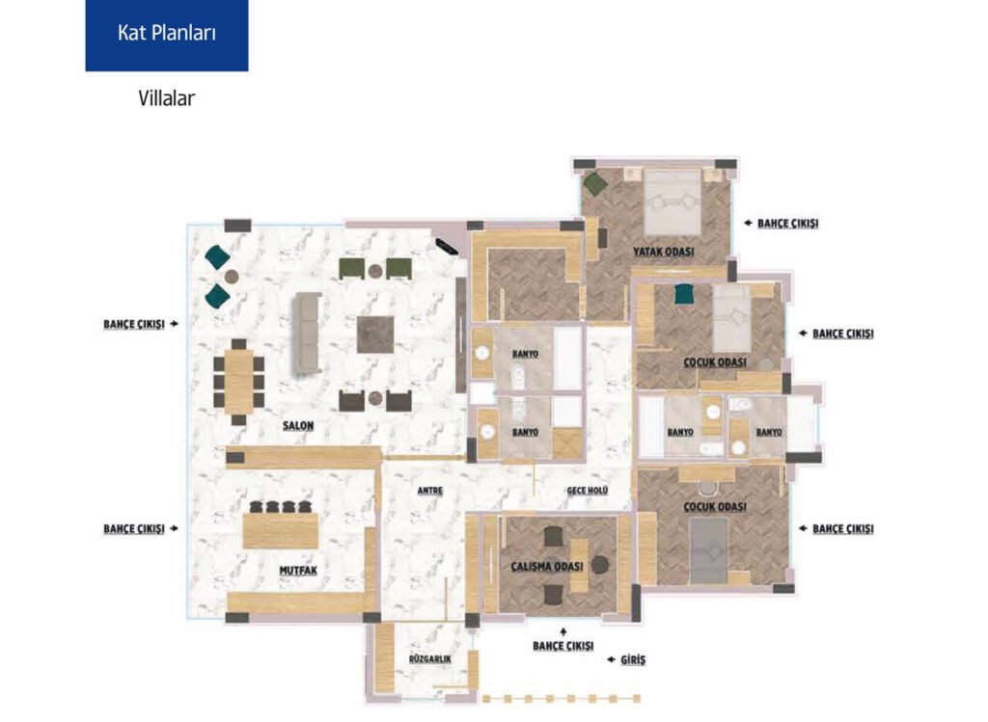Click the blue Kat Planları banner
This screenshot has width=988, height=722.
(167, 36)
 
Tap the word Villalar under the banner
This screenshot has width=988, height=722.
(166, 98)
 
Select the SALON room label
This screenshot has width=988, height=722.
(298, 425)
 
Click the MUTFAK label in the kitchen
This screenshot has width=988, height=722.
(298, 571)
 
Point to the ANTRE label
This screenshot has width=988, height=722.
(430, 491)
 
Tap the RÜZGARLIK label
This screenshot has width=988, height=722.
(430, 659)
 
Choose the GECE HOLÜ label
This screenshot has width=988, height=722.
(588, 491)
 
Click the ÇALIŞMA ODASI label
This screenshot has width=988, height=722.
(547, 567)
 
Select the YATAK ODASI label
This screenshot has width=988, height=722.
(664, 252)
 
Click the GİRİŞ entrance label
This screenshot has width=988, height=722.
(633, 659)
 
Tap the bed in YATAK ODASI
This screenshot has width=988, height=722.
(672, 202)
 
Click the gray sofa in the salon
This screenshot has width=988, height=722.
(306, 334)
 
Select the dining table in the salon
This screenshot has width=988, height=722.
(239, 382)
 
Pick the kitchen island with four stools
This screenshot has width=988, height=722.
(281, 530)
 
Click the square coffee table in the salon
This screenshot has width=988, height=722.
(375, 334)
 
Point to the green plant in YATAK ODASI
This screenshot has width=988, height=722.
(594, 183)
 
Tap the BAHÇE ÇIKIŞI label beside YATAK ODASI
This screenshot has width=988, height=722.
(787, 224)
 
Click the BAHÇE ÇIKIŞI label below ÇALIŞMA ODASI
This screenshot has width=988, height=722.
(563, 647)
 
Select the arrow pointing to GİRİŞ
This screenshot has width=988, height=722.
(611, 659)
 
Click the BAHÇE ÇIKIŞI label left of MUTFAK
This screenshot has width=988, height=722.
(134, 529)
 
